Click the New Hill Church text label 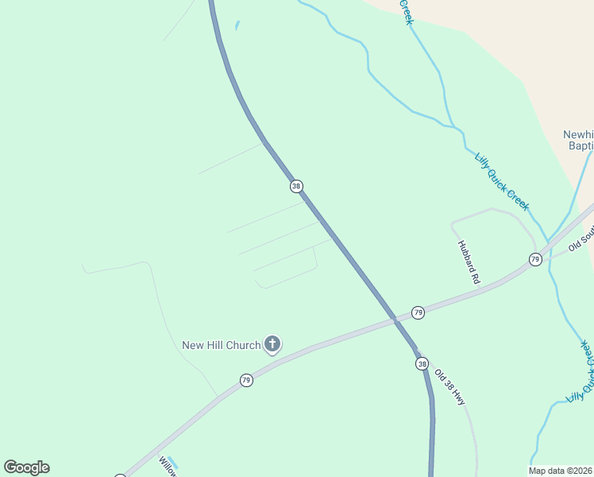coord(221,345)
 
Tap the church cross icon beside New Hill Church coord(272,344)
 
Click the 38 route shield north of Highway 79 coord(296,186)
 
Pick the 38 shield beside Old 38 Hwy coord(421,363)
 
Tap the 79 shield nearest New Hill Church coord(246,381)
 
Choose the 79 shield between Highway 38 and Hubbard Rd coord(418,312)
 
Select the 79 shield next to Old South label coord(535,259)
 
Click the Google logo coord(26,467)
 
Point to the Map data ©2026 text coord(561,470)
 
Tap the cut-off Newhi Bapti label coord(577,140)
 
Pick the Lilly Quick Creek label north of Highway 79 coord(502,181)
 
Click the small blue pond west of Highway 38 coord(237,26)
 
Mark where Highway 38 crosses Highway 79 coord(395,320)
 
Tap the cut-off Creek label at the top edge coord(405,11)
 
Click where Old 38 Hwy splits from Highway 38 coord(415,350)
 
